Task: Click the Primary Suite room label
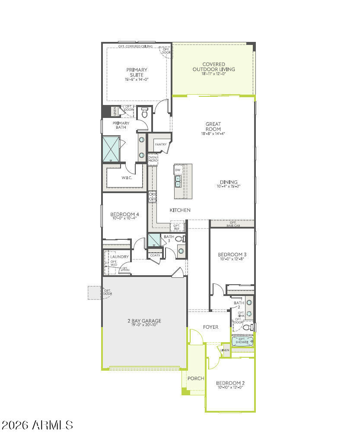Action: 137,72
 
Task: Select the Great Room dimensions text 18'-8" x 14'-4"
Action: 213,134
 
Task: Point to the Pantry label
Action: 161,144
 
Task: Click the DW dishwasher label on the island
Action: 178,170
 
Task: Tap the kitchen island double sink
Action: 178,181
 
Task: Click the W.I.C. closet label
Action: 127,178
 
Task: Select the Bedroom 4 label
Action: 124,214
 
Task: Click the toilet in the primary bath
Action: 145,114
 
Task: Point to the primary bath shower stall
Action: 111,149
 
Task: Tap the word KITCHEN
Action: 180,210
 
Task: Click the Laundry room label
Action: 119,257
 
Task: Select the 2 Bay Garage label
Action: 144,321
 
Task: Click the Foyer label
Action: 211,327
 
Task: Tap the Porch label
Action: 196,378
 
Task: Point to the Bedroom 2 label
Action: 230,383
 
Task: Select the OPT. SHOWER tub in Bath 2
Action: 242,341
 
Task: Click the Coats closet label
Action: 155,255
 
